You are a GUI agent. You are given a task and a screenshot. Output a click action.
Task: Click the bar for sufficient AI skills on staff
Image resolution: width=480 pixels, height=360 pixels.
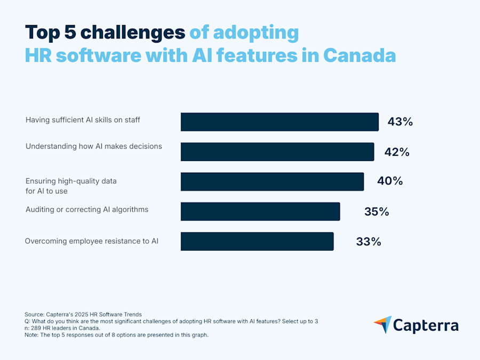(x=279, y=122)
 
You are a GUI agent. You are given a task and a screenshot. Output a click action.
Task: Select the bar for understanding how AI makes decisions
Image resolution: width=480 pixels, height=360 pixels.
(x=277, y=151)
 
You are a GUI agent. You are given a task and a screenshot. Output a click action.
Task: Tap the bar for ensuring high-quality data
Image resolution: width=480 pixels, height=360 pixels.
(x=272, y=181)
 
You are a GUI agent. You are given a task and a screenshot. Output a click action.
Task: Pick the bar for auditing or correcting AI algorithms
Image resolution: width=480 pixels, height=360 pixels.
(x=260, y=211)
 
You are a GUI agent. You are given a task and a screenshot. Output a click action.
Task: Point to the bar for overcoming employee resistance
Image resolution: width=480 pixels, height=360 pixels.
(x=257, y=241)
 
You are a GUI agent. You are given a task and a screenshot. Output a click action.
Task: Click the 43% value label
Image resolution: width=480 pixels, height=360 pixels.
(x=400, y=122)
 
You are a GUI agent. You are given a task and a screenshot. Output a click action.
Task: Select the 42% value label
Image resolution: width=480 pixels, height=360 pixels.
(x=397, y=152)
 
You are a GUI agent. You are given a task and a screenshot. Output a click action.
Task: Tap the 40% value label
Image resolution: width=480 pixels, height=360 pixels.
(x=390, y=181)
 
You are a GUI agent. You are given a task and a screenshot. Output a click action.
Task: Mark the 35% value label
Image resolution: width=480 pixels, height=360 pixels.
(x=377, y=212)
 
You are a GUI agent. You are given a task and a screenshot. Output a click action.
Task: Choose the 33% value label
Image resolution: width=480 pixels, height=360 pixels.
(x=369, y=242)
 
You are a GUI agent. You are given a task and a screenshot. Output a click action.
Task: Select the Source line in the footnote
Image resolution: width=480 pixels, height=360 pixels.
(x=83, y=314)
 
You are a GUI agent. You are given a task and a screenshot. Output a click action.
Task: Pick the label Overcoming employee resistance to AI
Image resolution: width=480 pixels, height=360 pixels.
(x=92, y=241)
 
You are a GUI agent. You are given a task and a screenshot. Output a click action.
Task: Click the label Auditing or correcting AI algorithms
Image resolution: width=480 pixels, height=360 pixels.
(x=87, y=210)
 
